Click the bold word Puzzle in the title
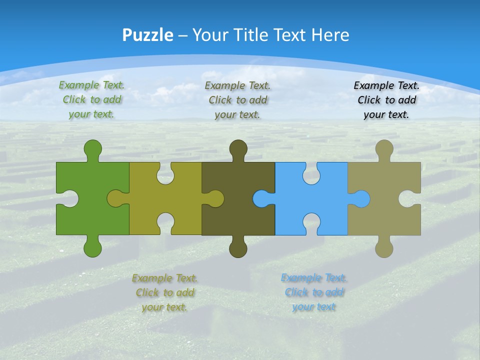coord(148,35)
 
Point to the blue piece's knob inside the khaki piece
coord(361,198)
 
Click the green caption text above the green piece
coord(91,99)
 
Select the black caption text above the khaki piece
coord(386,99)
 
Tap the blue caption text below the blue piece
coord(314,292)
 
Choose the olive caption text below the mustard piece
coord(164,292)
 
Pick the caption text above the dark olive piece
coord(237,99)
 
